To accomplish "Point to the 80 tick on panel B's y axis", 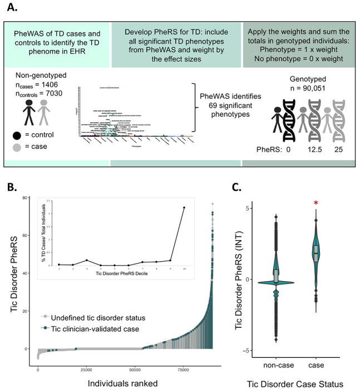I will (26, 198).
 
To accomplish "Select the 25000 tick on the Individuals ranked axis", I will (87, 370).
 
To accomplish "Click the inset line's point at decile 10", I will (184, 208).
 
